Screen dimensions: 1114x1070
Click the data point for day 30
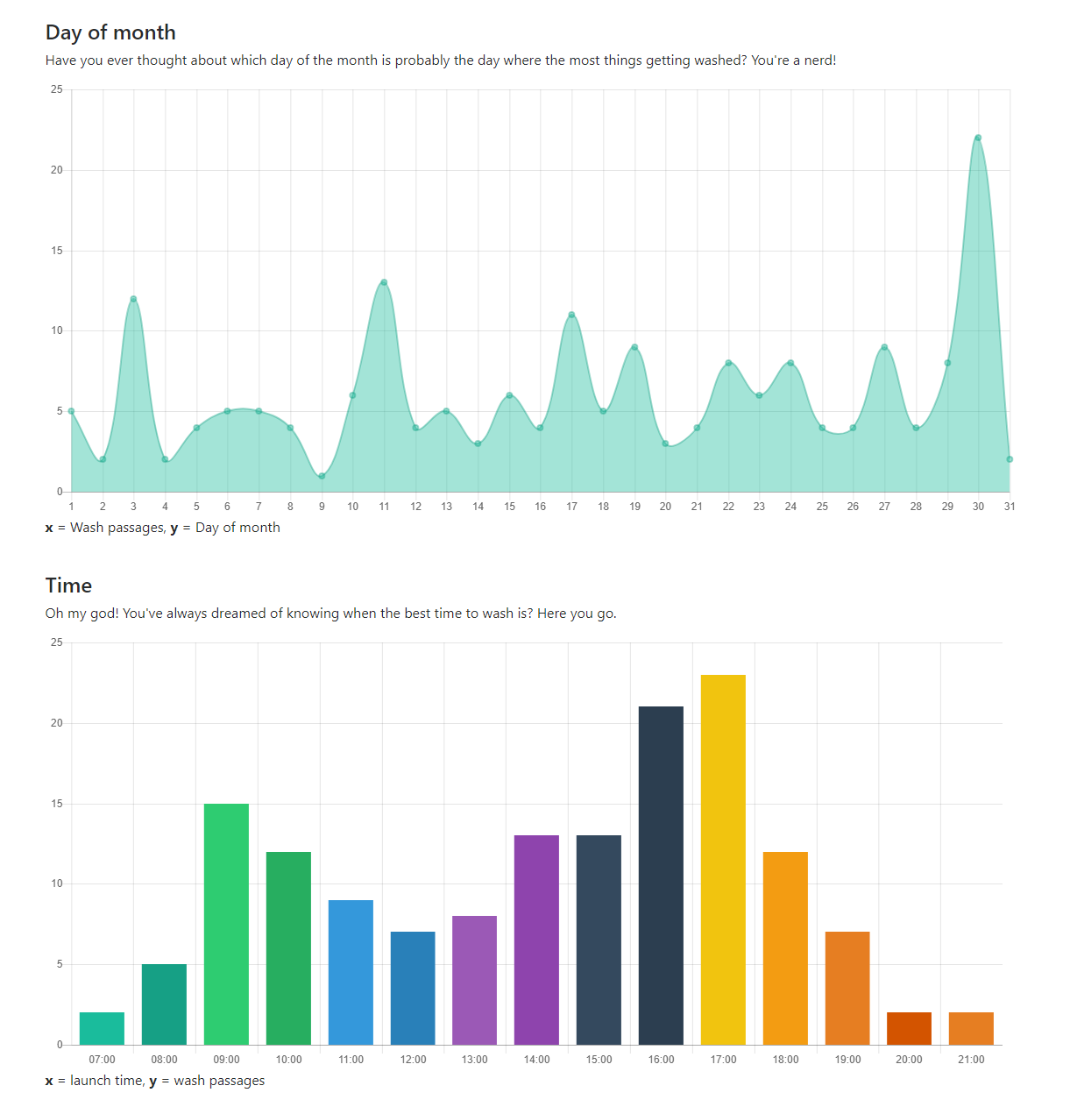coord(978,138)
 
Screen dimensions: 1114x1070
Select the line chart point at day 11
coord(384,282)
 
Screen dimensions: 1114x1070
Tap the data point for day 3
coord(133,299)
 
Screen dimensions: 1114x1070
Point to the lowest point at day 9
coord(322,476)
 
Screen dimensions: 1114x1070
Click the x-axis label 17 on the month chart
coord(571,507)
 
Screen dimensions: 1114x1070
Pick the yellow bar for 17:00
coord(723,859)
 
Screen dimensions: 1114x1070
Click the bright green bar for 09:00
coord(226,924)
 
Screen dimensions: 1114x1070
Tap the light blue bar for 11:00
coord(351,972)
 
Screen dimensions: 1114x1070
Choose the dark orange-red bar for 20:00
coord(909,1028)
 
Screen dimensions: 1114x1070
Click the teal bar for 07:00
coord(102,1028)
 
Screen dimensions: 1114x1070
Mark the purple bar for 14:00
coord(536,940)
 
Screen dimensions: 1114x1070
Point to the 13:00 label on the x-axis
coord(474,1060)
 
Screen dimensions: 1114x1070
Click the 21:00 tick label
coord(971,1060)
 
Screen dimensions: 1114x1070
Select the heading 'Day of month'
coord(110,32)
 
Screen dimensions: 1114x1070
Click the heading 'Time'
coord(68,585)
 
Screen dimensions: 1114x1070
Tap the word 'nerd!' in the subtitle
coord(819,60)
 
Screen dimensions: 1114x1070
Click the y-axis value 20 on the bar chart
coord(57,723)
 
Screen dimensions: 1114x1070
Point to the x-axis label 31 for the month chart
coord(1010,507)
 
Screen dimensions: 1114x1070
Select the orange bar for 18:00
coord(785,947)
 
